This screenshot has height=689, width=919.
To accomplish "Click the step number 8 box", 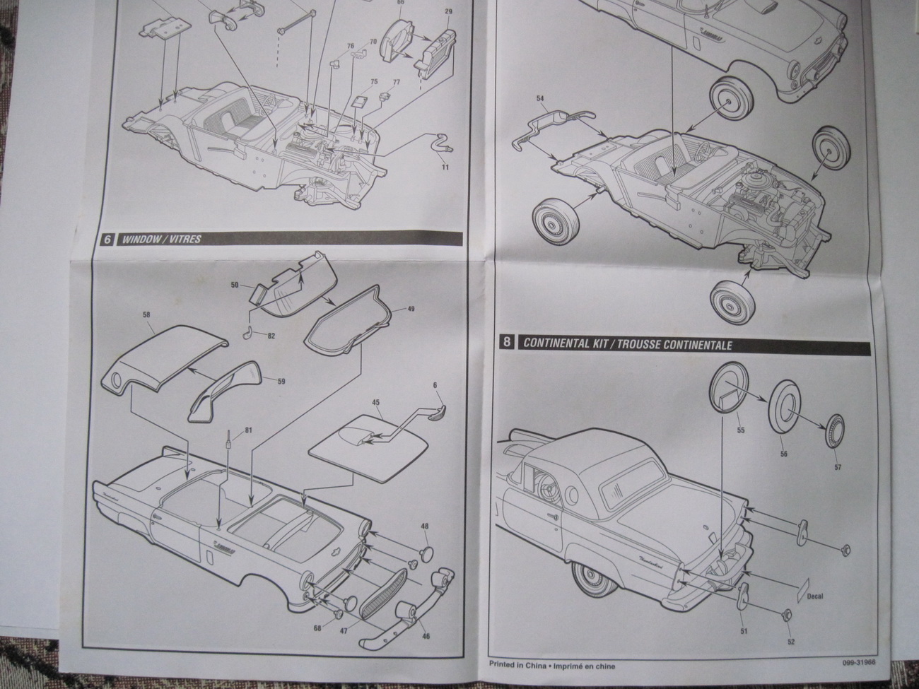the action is click(506, 343).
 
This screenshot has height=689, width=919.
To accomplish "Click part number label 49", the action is click(392, 310).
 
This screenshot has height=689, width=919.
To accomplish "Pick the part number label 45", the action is click(375, 401).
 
